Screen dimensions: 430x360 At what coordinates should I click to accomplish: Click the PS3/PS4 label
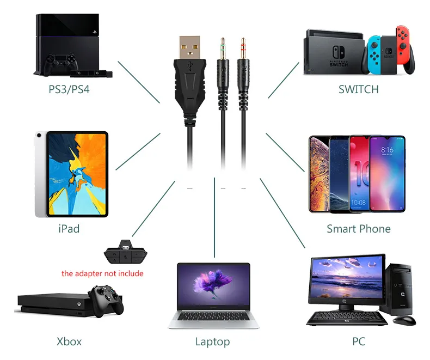tap(69, 88)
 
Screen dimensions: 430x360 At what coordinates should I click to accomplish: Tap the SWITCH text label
tap(358, 89)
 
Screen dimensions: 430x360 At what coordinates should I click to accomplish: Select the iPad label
tap(69, 228)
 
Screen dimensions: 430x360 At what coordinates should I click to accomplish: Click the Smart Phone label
tap(358, 229)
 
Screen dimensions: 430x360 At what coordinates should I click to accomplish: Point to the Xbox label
tap(69, 341)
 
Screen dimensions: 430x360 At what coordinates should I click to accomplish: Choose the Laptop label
tap(212, 342)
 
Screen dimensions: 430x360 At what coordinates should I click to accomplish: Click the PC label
tap(358, 341)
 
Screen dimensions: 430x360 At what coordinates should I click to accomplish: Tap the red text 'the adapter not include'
tap(102, 273)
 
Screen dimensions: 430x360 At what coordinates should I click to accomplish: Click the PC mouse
tap(404, 320)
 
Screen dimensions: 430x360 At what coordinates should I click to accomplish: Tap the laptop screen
tap(213, 286)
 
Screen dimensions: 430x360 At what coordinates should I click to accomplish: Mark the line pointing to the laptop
tap(214, 218)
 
